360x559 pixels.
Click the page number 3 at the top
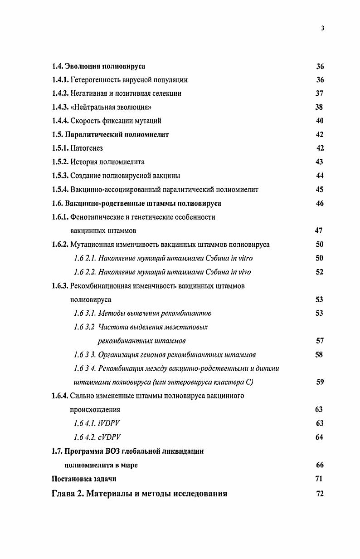(x=322, y=28)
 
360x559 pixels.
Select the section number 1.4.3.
(x=60, y=108)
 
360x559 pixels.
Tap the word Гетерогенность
(x=95, y=80)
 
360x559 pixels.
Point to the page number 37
(x=319, y=94)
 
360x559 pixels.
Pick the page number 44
(x=320, y=176)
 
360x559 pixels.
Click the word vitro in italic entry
(x=244, y=258)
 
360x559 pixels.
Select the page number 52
(x=319, y=272)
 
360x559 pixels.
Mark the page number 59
(x=320, y=382)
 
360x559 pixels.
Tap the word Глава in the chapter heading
(x=63, y=494)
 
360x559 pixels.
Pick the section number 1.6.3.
(x=60, y=286)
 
